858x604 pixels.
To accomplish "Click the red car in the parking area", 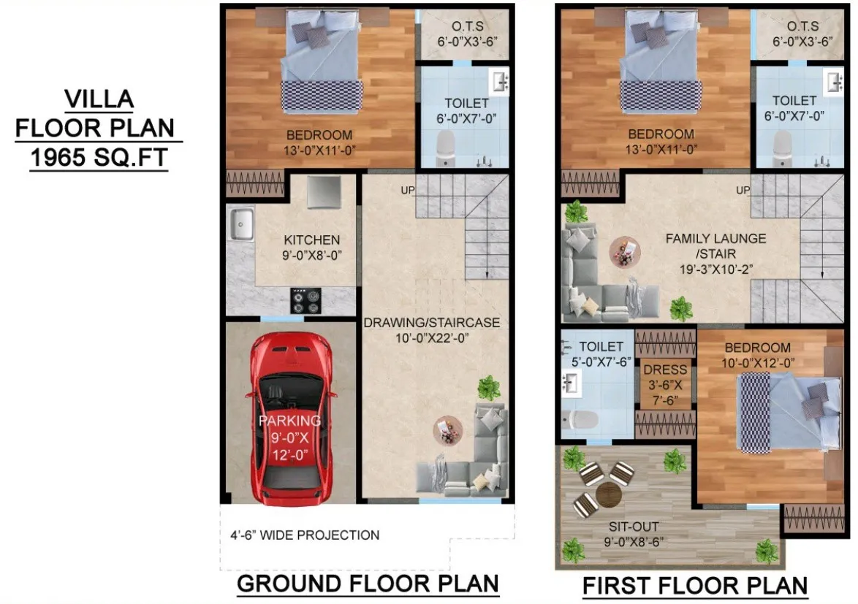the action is click(x=289, y=418).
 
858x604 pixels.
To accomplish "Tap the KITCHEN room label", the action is click(x=312, y=240).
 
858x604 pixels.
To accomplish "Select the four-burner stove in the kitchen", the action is click(x=306, y=301).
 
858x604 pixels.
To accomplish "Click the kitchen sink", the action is click(x=240, y=223).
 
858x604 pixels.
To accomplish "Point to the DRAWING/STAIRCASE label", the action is click(x=432, y=323).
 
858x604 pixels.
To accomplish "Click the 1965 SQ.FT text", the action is click(x=99, y=158).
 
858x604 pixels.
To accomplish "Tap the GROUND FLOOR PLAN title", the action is click(x=368, y=584).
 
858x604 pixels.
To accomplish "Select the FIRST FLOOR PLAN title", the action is click(x=695, y=586).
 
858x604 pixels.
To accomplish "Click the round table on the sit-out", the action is click(x=608, y=494).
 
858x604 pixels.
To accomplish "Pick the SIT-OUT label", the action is click(x=634, y=527).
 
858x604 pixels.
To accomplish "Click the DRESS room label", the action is click(x=665, y=370).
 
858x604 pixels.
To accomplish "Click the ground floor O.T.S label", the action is click(x=467, y=26).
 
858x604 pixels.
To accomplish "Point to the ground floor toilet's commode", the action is click(x=445, y=148).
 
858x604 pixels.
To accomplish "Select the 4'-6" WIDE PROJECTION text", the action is click(x=305, y=535).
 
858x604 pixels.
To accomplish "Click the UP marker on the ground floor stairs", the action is click(x=408, y=190).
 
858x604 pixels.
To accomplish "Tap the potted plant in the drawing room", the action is click(x=489, y=388).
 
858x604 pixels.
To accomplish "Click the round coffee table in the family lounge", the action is click(x=625, y=252).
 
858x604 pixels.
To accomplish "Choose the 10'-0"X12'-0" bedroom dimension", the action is click(x=757, y=363).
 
